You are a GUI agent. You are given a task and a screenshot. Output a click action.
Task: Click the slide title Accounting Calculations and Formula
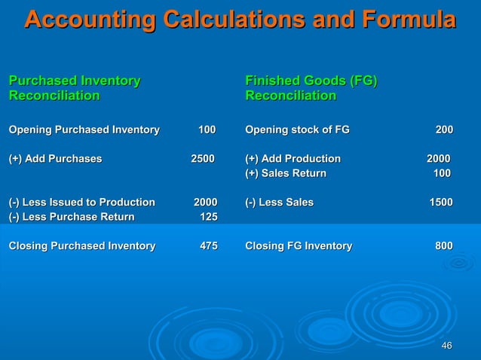(240, 20)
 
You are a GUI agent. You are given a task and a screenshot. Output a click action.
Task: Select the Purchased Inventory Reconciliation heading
(74, 88)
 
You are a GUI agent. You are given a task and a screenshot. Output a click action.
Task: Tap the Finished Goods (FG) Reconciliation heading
(311, 88)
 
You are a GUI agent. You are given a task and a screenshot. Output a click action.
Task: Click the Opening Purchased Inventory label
(84, 131)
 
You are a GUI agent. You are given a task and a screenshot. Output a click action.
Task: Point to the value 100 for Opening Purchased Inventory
(206, 131)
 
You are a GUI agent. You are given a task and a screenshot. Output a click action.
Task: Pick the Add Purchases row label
(55, 159)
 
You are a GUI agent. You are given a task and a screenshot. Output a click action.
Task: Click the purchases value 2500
(202, 159)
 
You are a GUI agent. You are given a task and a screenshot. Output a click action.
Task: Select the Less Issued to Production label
(81, 203)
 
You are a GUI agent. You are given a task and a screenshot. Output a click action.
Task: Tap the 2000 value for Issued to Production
(205, 203)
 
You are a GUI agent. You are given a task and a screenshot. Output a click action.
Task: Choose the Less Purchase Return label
(71, 217)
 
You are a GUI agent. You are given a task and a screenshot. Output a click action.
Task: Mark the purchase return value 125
(208, 217)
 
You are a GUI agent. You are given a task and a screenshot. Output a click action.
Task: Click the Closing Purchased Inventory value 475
(208, 246)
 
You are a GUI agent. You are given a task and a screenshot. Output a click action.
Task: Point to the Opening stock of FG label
(297, 131)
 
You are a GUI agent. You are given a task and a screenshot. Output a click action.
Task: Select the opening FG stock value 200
(444, 131)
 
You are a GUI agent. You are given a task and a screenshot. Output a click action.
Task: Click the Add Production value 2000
(438, 159)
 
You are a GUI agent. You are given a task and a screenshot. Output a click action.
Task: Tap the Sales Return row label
(286, 174)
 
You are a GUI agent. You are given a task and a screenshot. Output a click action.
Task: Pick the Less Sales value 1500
(441, 203)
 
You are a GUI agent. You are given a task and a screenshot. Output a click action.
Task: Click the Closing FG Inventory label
(298, 246)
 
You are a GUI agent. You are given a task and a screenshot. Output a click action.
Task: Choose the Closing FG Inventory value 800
(444, 246)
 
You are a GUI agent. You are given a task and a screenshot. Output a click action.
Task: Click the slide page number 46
(446, 346)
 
